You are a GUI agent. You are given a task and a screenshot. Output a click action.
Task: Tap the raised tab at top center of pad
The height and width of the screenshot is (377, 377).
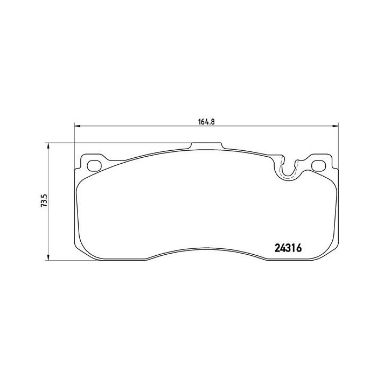(x=207, y=145)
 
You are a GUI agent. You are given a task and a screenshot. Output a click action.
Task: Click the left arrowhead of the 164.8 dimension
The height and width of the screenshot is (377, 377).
(x=76, y=127)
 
